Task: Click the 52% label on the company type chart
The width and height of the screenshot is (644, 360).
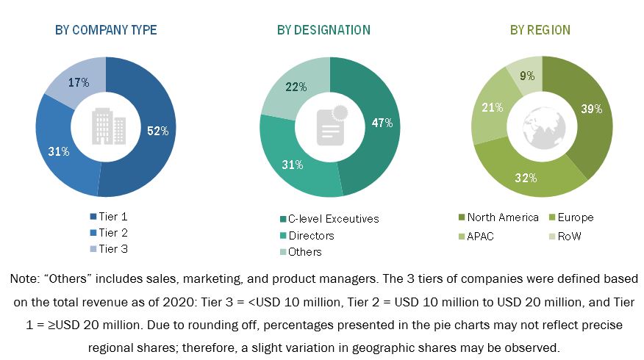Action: pyautogui.click(x=158, y=131)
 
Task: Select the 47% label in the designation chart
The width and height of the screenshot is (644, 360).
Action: pyautogui.click(x=382, y=123)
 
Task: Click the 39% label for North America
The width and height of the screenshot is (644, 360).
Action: pyautogui.click(x=591, y=109)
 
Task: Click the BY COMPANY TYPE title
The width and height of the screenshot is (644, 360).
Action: pyautogui.click(x=106, y=30)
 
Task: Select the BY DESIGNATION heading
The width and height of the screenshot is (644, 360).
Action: pyautogui.click(x=323, y=30)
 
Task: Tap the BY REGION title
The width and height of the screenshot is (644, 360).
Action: pyautogui.click(x=540, y=30)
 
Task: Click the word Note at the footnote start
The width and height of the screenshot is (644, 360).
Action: pyautogui.click(x=24, y=279)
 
